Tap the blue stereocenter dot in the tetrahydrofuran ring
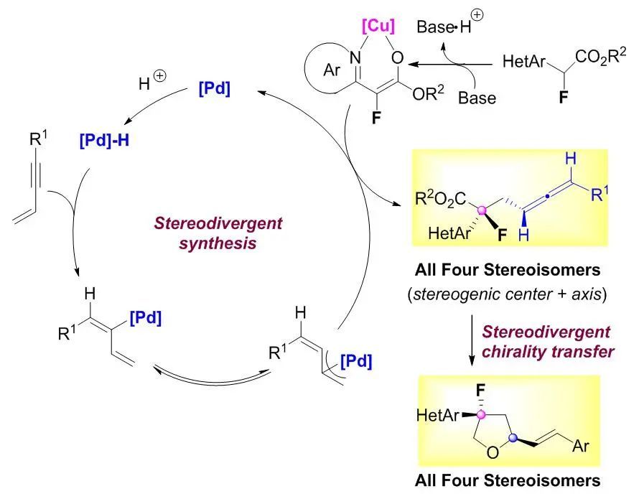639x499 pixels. (x=513, y=438)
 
